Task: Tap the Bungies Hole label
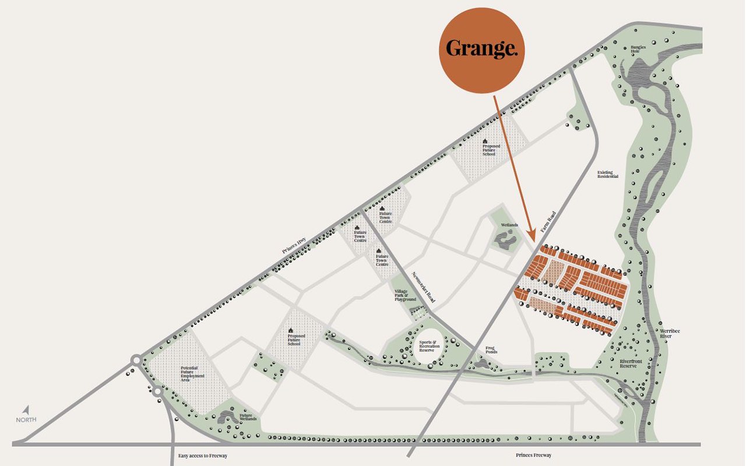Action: pos(639,50)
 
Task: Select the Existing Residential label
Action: pos(608,174)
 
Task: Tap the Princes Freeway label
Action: pos(533,455)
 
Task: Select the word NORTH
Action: pos(26,420)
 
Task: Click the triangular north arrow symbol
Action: pos(26,409)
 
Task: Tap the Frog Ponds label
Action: pos(492,350)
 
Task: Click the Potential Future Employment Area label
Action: pos(193,373)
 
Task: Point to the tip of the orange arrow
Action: pos(532,238)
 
